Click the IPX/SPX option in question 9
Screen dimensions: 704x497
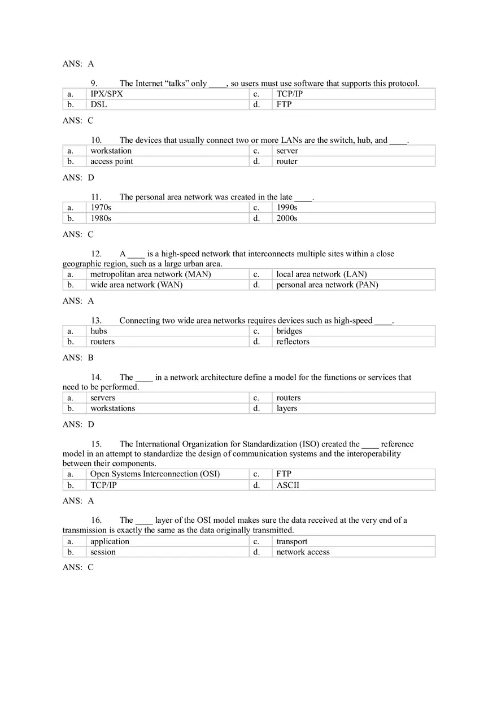pos(106,94)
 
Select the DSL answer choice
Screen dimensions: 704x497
pos(98,104)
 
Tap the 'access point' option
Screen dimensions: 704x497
pos(112,161)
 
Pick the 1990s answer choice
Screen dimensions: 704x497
pos(286,207)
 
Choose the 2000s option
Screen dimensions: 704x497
pos(286,218)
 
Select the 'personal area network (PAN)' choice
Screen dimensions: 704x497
pos(327,285)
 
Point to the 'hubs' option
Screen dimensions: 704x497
pos(98,331)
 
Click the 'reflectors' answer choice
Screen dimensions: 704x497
pos(293,342)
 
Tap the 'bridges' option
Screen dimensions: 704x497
pos(289,331)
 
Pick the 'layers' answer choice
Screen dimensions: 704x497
pos(286,408)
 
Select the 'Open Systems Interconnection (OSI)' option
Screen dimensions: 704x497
pos(155,474)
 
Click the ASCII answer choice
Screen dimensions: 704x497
pos(287,485)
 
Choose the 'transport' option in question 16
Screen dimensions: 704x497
pos(291,541)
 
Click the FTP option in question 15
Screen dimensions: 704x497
pos(284,474)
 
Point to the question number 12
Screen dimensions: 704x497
pos(96,254)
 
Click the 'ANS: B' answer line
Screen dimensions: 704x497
pos(78,357)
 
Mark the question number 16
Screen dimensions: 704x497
pos(96,520)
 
